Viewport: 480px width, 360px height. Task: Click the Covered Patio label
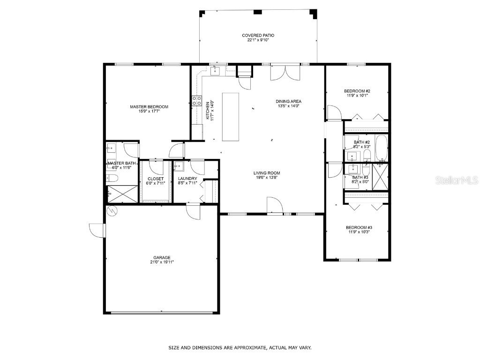pyautogui.click(x=258, y=35)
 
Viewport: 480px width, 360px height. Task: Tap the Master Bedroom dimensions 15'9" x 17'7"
pyautogui.click(x=149, y=112)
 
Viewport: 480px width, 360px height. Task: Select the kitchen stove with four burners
pyautogui.click(x=196, y=100)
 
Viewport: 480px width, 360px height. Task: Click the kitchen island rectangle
pyautogui.click(x=230, y=116)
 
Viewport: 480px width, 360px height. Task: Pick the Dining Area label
pyautogui.click(x=288, y=101)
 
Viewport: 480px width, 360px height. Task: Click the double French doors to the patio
pyautogui.click(x=284, y=73)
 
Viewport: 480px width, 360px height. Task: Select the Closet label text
pyautogui.click(x=156, y=179)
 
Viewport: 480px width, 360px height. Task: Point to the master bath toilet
pyautogui.click(x=111, y=178)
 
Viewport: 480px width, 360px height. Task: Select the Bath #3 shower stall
pyautogui.click(x=380, y=176)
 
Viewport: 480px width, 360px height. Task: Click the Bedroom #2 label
pyautogui.click(x=357, y=91)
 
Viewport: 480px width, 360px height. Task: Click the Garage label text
pyautogui.click(x=162, y=257)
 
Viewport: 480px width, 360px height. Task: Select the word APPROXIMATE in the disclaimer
pyautogui.click(x=244, y=348)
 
